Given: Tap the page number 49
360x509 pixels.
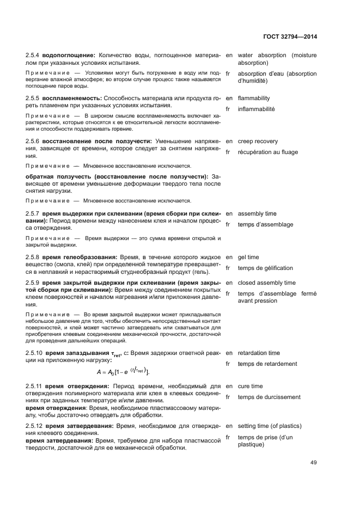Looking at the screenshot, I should coord(313,463).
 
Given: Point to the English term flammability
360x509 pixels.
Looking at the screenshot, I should coord(254,99).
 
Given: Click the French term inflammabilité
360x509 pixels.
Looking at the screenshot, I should coord(257,109).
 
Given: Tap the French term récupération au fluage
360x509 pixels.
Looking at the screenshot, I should coord(268,152).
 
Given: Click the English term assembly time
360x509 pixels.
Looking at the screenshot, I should coord(257,214).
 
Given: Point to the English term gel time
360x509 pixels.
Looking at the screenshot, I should coord(248,257).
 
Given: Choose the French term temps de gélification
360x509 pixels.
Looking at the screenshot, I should coord(265,268).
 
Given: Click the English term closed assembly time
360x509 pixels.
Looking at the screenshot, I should coord(267,283).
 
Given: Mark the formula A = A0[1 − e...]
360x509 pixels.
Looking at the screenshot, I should coord(122,372).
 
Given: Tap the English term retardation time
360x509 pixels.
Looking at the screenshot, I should coord(259,353).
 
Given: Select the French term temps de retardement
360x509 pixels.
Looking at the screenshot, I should coord(267,364).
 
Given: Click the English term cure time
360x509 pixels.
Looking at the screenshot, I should coord(250,386).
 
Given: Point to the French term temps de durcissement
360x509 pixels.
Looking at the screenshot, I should coord(269,397).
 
